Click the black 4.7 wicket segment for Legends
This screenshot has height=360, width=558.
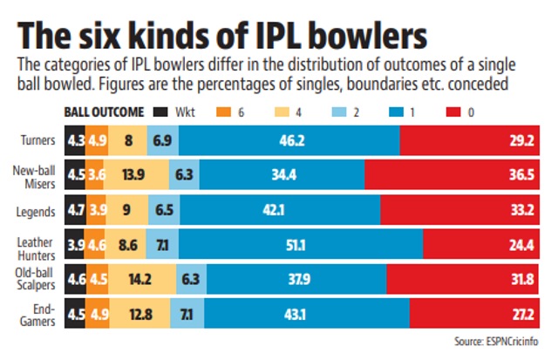tap(75, 211)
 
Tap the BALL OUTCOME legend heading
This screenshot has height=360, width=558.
tap(104, 112)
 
